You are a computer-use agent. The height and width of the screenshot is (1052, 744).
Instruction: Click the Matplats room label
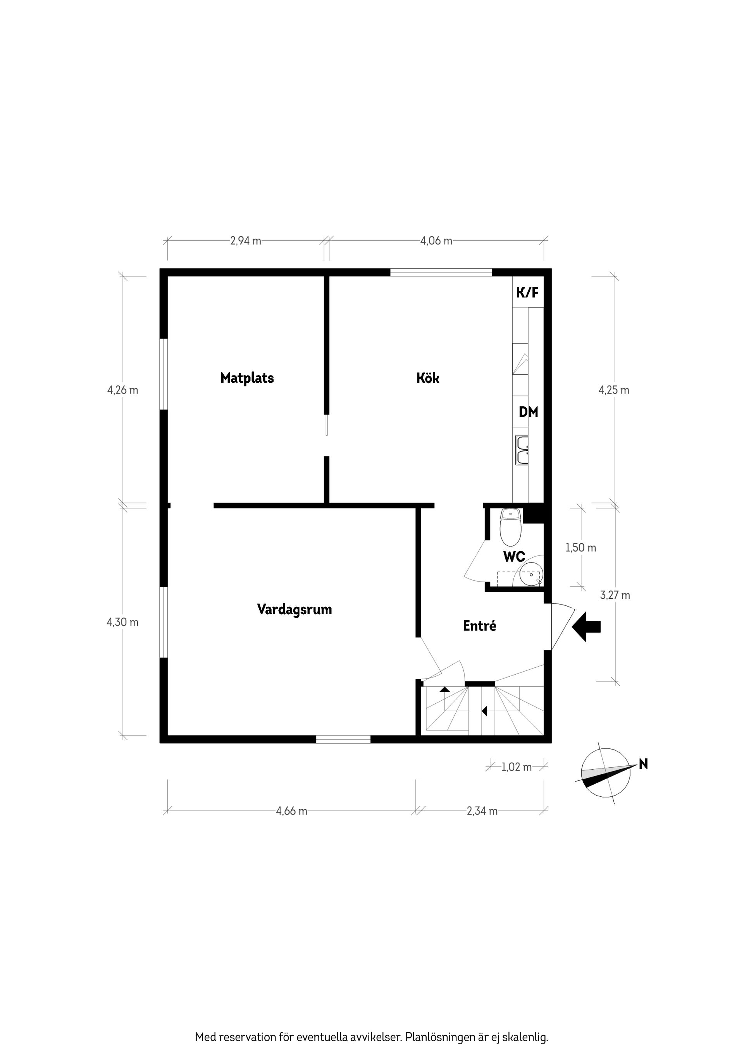(247, 378)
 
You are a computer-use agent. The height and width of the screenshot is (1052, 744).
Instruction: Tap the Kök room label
(428, 378)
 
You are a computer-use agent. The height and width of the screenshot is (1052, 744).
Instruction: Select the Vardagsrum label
(294, 610)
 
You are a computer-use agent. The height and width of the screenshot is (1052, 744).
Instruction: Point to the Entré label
(479, 626)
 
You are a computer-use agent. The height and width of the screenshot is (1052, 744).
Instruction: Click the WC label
(514, 557)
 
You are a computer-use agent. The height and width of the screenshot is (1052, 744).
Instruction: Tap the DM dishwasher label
(528, 412)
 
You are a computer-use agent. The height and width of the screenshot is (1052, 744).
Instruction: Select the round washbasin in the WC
(532, 574)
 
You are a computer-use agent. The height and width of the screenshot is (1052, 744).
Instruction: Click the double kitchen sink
(522, 450)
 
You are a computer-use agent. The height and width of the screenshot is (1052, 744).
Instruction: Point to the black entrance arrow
(586, 626)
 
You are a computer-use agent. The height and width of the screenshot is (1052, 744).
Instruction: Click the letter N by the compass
(643, 764)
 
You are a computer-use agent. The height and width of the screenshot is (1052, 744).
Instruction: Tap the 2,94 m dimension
(246, 241)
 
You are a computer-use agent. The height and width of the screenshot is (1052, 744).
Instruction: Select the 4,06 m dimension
(436, 241)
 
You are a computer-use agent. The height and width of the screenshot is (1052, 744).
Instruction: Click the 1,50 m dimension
(581, 548)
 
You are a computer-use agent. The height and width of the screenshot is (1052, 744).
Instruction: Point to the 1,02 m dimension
(517, 767)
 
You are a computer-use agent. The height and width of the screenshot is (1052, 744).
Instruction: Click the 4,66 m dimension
(291, 811)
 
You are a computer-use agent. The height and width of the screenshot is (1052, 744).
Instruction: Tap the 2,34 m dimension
(482, 811)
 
